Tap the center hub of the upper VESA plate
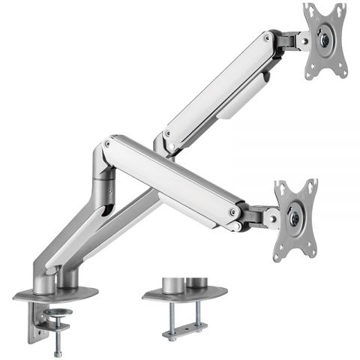(325, 40)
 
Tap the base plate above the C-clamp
(56, 294)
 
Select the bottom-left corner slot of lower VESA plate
(279, 255)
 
